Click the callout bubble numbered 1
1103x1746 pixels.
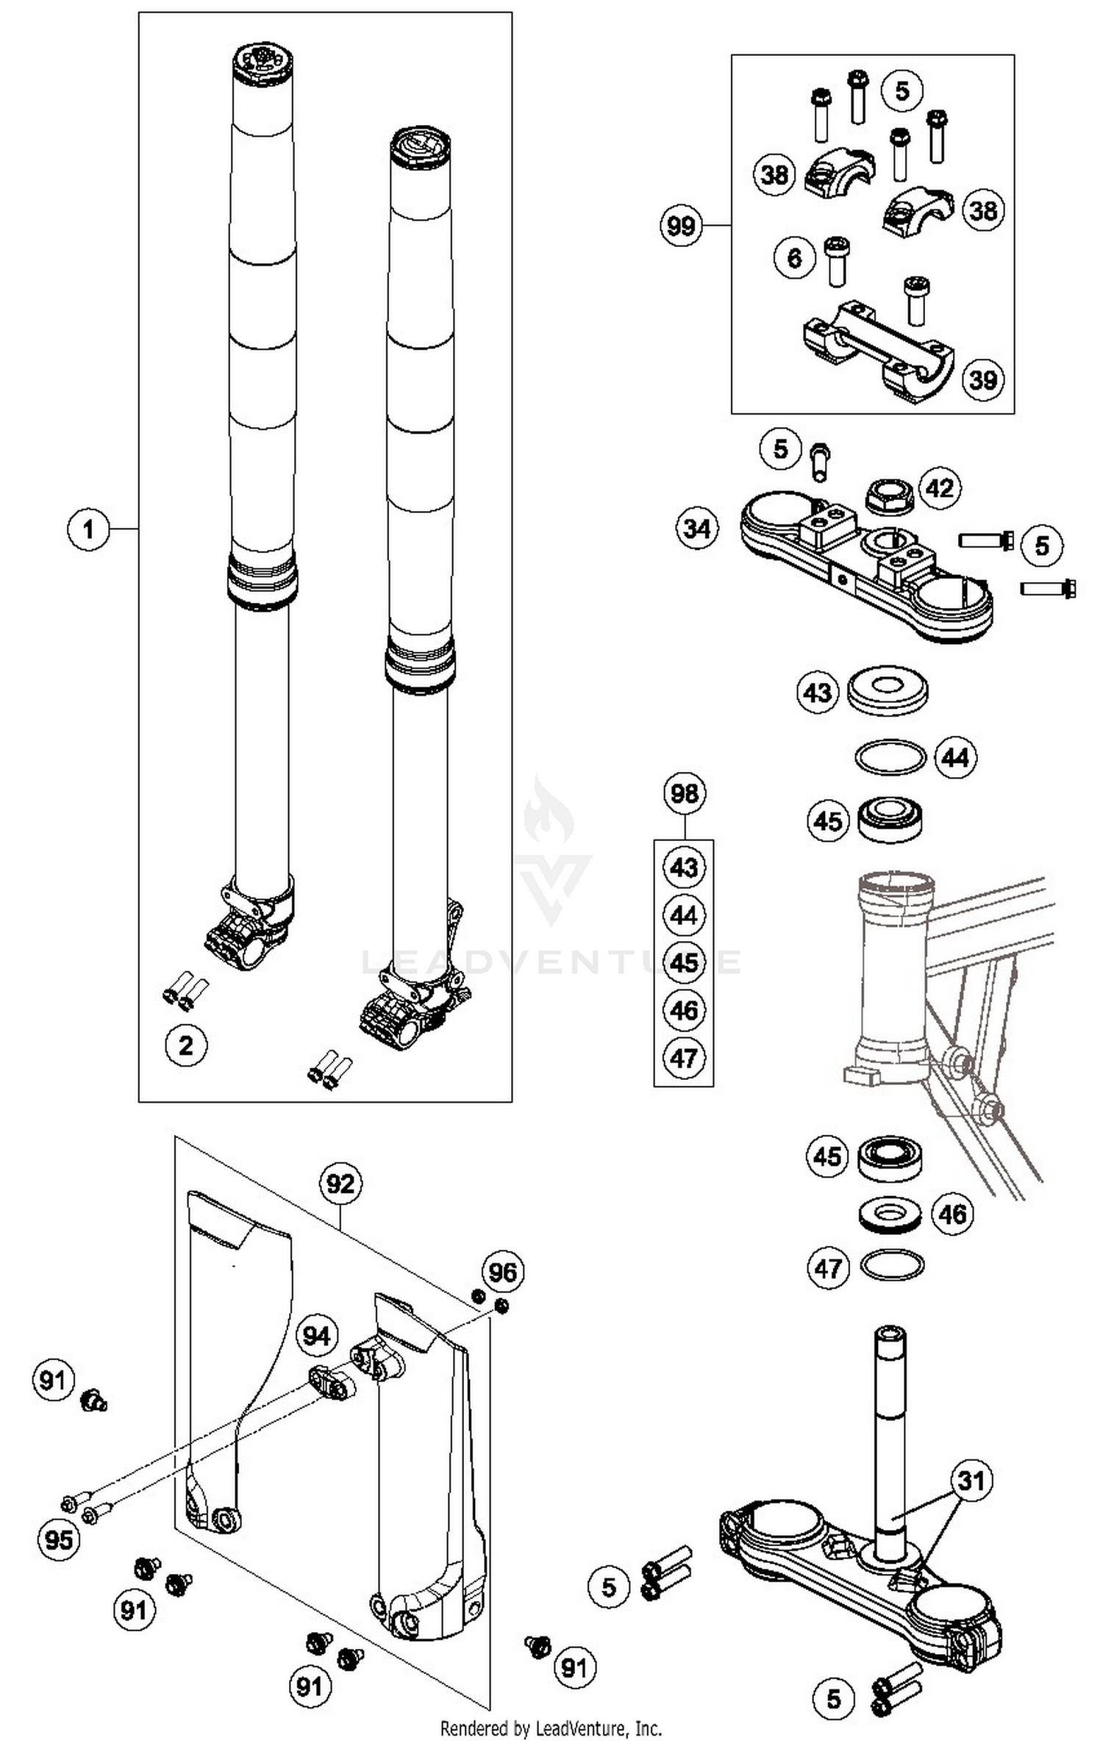pos(88,529)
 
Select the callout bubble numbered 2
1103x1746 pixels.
pos(186,1045)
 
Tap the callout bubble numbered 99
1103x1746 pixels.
pos(681,225)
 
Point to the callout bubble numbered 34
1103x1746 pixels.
pos(697,528)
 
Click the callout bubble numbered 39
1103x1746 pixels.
pos(983,379)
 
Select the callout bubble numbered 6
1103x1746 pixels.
pos(795,257)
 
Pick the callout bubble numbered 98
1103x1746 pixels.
pos(685,793)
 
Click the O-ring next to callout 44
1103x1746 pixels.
pos(890,757)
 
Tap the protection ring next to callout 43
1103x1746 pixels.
pos(888,690)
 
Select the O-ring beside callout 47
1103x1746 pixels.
pos(891,1266)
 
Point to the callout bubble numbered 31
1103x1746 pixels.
pos(971,1480)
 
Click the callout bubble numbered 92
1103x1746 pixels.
pos(340,1184)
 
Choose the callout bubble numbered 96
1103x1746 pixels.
pos(503,1271)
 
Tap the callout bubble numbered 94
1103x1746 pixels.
pos(317,1335)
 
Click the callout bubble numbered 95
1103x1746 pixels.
pos(59,1539)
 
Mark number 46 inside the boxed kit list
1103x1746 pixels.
pos(685,1010)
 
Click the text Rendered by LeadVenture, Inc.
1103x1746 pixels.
pos(551,1728)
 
